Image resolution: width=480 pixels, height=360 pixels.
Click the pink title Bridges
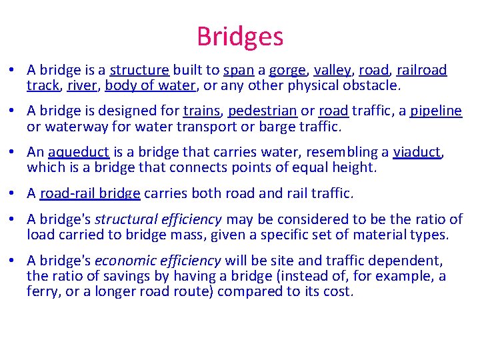tap(240, 37)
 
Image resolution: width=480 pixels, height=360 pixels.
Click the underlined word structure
tap(139, 70)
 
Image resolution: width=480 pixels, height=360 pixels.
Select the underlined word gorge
tap(287, 70)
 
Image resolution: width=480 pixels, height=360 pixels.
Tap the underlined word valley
tap(331, 70)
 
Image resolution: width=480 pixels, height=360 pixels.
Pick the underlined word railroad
tap(422, 70)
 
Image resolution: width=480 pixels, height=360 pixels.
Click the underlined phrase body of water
tap(150, 85)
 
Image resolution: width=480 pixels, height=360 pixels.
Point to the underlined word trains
tap(201, 111)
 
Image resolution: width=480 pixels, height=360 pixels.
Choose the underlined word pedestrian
tap(262, 111)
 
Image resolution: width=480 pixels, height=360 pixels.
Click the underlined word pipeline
tap(435, 111)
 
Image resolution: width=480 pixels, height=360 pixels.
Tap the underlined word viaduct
tap(417, 152)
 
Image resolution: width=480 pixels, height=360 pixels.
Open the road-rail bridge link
tap(90, 193)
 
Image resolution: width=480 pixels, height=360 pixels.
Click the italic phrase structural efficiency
tap(159, 219)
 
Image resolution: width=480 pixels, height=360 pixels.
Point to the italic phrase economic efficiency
tap(159, 260)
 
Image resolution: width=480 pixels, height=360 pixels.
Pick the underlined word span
tap(237, 70)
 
